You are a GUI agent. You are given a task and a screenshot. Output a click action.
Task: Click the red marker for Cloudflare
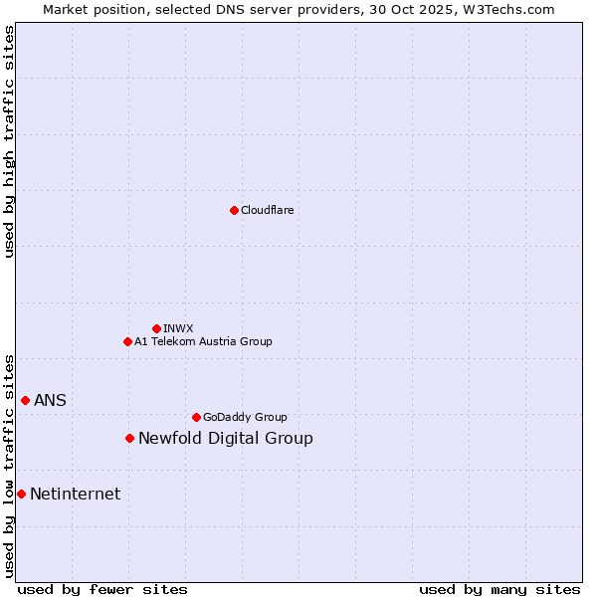pyautogui.click(x=234, y=210)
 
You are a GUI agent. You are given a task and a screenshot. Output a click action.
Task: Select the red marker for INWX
pyautogui.click(x=156, y=328)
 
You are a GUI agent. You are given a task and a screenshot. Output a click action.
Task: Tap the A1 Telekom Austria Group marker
pyautogui.click(x=127, y=341)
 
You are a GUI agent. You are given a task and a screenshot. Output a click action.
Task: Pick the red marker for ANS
pyautogui.click(x=25, y=400)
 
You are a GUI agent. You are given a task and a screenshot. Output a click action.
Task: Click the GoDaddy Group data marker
pyautogui.click(x=196, y=417)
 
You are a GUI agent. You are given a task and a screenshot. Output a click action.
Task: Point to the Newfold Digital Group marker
pyautogui.click(x=129, y=438)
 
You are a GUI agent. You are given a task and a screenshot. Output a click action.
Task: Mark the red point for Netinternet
pyautogui.click(x=21, y=494)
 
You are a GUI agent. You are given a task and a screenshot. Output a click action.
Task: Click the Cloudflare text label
pyautogui.click(x=268, y=210)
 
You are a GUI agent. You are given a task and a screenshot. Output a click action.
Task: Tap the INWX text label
pyautogui.click(x=178, y=328)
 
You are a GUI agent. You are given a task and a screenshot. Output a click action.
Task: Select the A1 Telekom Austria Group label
pyautogui.click(x=203, y=341)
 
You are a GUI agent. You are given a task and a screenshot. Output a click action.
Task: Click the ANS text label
pyautogui.click(x=50, y=400)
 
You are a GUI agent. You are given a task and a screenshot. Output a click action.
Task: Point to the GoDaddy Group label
pyautogui.click(x=245, y=417)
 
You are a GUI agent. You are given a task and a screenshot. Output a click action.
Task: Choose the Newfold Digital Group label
pyautogui.click(x=226, y=438)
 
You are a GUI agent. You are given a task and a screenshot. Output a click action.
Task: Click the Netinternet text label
pyautogui.click(x=76, y=494)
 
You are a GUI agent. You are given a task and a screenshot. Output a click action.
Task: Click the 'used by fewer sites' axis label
pyautogui.click(x=102, y=589)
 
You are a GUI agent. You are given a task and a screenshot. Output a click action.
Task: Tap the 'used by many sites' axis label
pyautogui.click(x=499, y=589)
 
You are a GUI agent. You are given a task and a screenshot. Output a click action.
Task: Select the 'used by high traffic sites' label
pyautogui.click(x=9, y=141)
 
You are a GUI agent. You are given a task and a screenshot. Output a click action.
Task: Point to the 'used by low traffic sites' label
pyautogui.click(x=9, y=466)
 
